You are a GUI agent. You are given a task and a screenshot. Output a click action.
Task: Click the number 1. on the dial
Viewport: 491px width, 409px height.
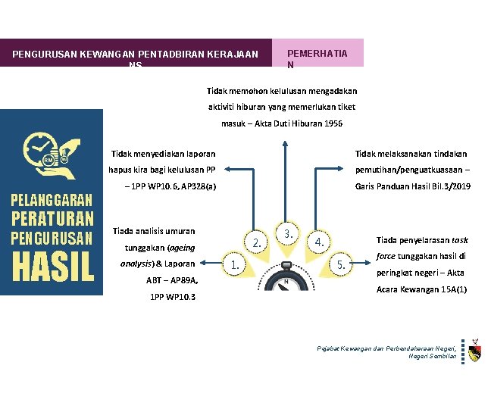coord(236,265)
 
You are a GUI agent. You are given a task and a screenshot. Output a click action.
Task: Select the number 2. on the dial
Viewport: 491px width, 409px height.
coord(258,242)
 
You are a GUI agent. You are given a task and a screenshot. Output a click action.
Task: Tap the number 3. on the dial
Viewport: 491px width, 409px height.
coord(289,232)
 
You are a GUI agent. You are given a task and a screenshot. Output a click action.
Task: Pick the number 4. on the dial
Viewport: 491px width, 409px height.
coord(321,242)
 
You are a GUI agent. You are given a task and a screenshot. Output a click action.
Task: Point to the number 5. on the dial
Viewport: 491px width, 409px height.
coord(342,265)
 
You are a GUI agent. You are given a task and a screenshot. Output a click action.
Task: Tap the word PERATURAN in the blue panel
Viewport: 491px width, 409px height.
coord(52,219)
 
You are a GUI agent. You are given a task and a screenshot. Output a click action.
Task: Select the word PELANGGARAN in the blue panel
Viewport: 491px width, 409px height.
coord(52,201)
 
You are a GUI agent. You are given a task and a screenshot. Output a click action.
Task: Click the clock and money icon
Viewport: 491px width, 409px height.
coord(48,155)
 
